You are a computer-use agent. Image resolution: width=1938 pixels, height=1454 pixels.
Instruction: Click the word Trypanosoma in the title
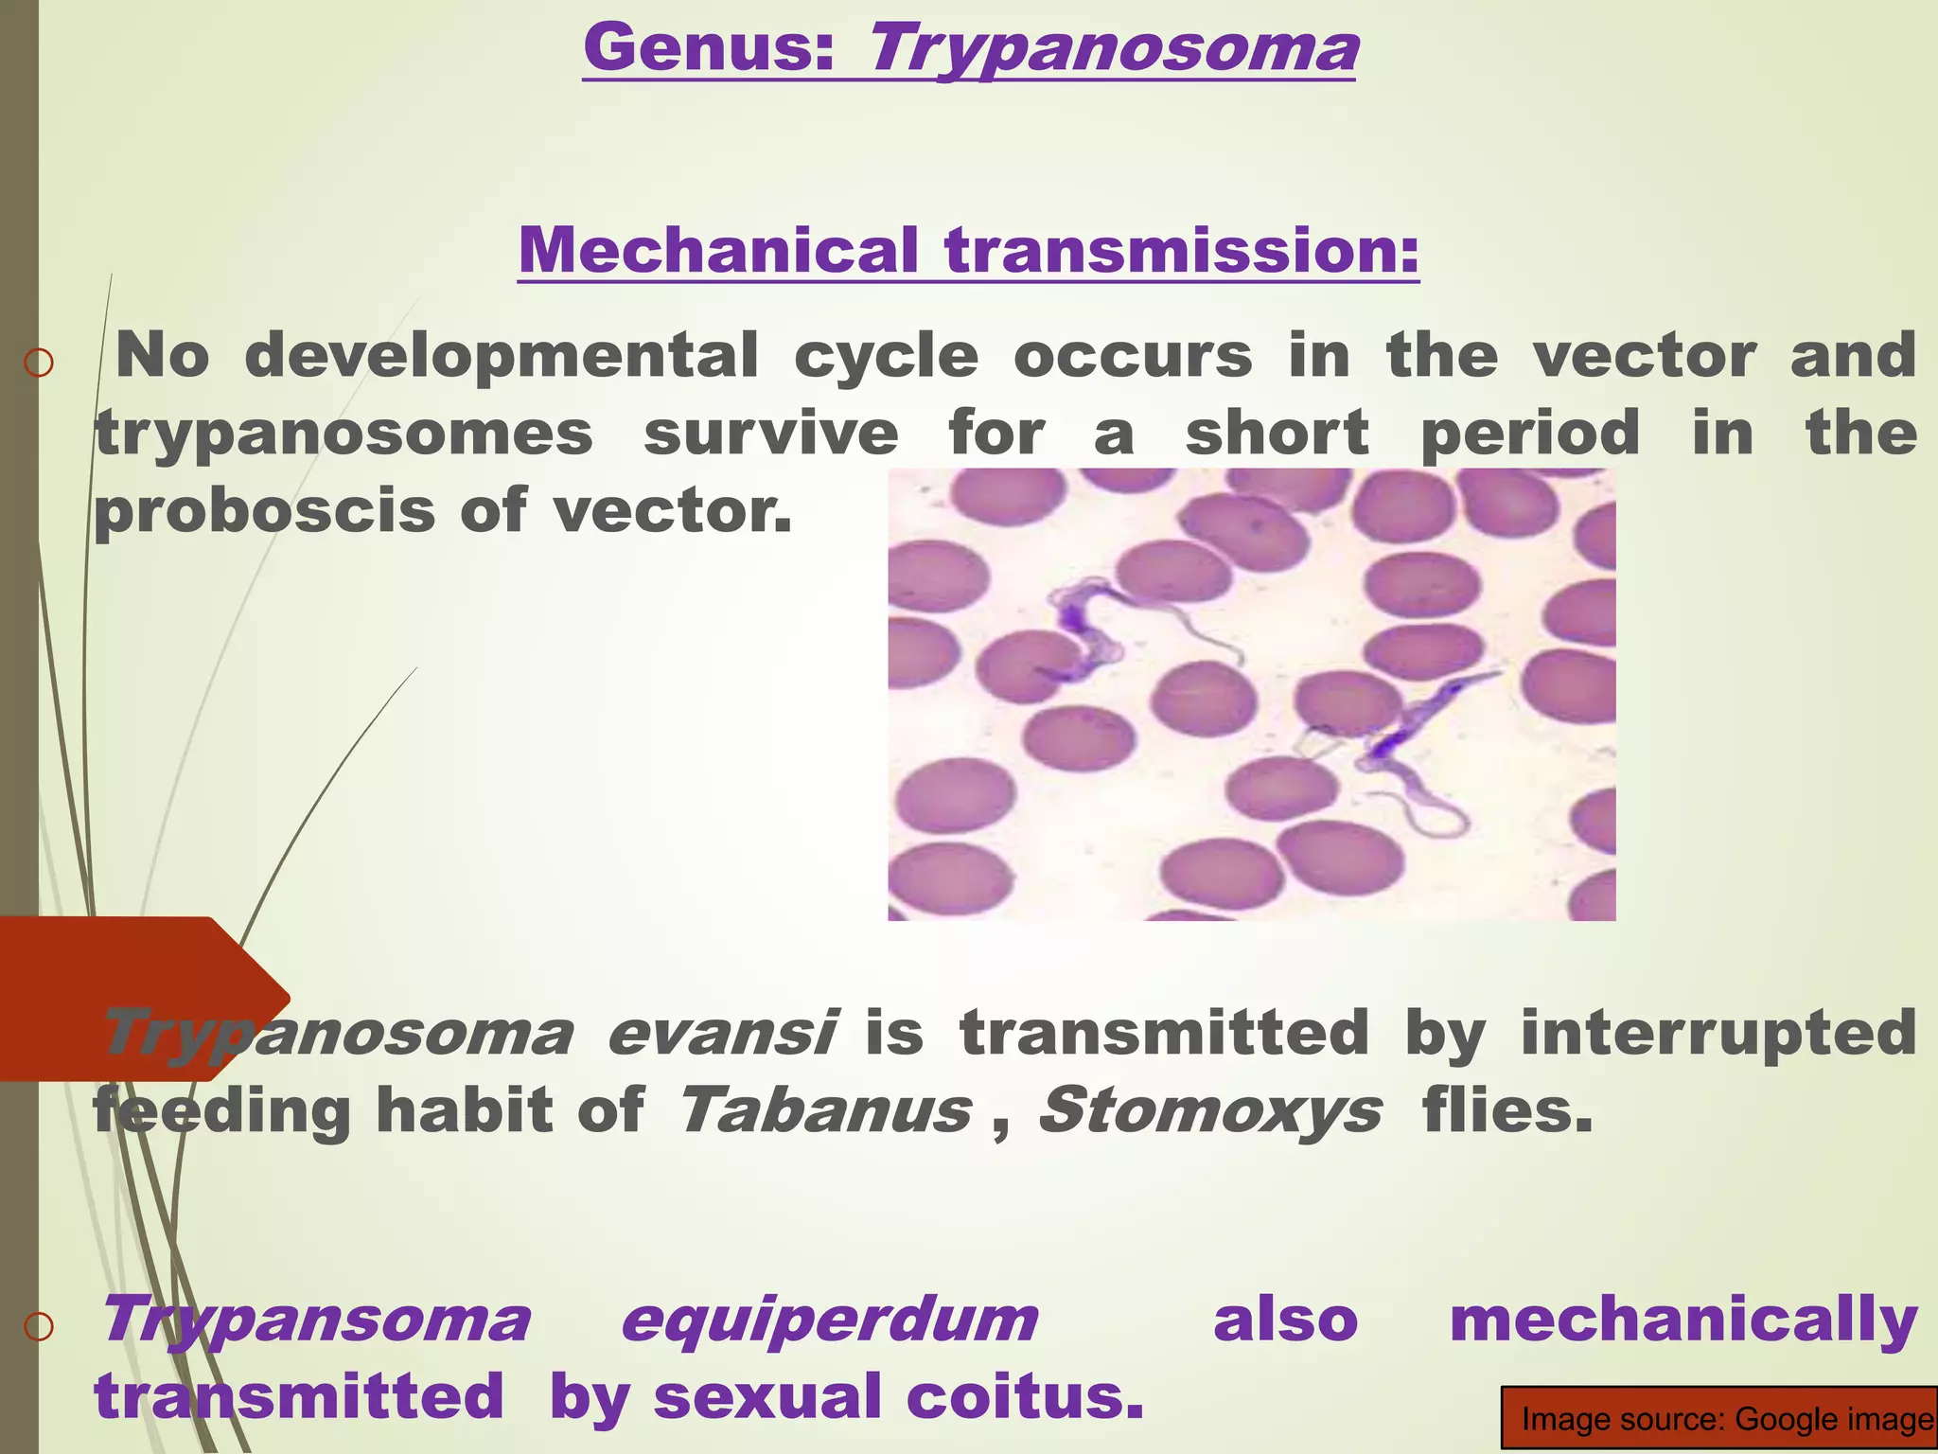(x=1112, y=49)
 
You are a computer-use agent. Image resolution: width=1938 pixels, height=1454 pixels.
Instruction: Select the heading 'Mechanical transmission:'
(x=969, y=250)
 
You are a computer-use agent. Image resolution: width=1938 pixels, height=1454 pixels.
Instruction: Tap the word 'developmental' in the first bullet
(x=502, y=357)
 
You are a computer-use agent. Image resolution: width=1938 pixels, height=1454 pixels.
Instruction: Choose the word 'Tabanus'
(x=824, y=1109)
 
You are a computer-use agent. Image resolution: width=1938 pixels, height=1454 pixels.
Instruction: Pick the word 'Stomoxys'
(x=1209, y=1109)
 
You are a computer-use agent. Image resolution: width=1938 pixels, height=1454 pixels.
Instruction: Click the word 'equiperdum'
(x=829, y=1320)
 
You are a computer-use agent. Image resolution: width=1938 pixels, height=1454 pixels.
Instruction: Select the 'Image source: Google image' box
(x=1718, y=1418)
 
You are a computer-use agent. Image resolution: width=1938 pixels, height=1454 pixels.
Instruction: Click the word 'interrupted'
(x=1718, y=1032)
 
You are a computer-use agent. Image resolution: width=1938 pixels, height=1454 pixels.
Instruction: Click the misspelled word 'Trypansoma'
(x=315, y=1320)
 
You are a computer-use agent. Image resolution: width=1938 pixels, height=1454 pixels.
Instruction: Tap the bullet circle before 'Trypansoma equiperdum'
(x=39, y=1327)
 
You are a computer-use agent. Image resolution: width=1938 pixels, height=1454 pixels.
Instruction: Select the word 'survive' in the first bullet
(x=770, y=434)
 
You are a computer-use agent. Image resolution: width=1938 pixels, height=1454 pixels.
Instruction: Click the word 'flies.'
(x=1507, y=1109)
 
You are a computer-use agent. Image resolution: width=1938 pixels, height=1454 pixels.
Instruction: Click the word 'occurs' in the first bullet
(x=1133, y=357)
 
